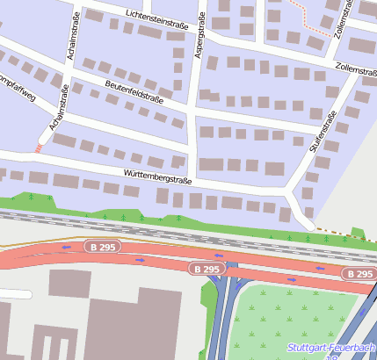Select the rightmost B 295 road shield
359,274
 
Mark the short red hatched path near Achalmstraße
38,148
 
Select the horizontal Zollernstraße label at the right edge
356,68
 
